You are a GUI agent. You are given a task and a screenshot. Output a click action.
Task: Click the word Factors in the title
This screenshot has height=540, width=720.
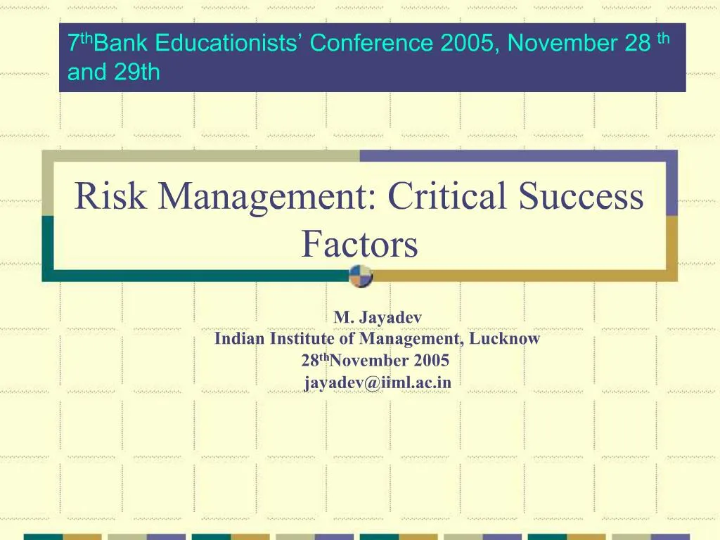(359, 244)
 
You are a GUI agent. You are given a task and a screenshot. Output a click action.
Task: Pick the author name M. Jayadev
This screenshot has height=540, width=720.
(378, 318)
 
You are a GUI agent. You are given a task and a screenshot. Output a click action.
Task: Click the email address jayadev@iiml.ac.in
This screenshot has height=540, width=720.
(378, 382)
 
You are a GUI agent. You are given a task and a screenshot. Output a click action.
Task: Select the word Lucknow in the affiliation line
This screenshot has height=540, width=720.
(505, 339)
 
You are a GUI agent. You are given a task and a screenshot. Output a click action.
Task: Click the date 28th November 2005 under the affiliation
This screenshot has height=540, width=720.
(375, 361)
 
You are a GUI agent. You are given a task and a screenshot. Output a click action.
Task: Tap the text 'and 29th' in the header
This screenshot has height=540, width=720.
(114, 72)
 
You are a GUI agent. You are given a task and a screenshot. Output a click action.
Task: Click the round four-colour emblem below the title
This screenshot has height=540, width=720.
(361, 276)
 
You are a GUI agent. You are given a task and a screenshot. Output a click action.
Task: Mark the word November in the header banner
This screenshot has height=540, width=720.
(562, 44)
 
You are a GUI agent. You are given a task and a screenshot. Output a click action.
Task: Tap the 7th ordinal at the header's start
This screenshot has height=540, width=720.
(79, 43)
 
